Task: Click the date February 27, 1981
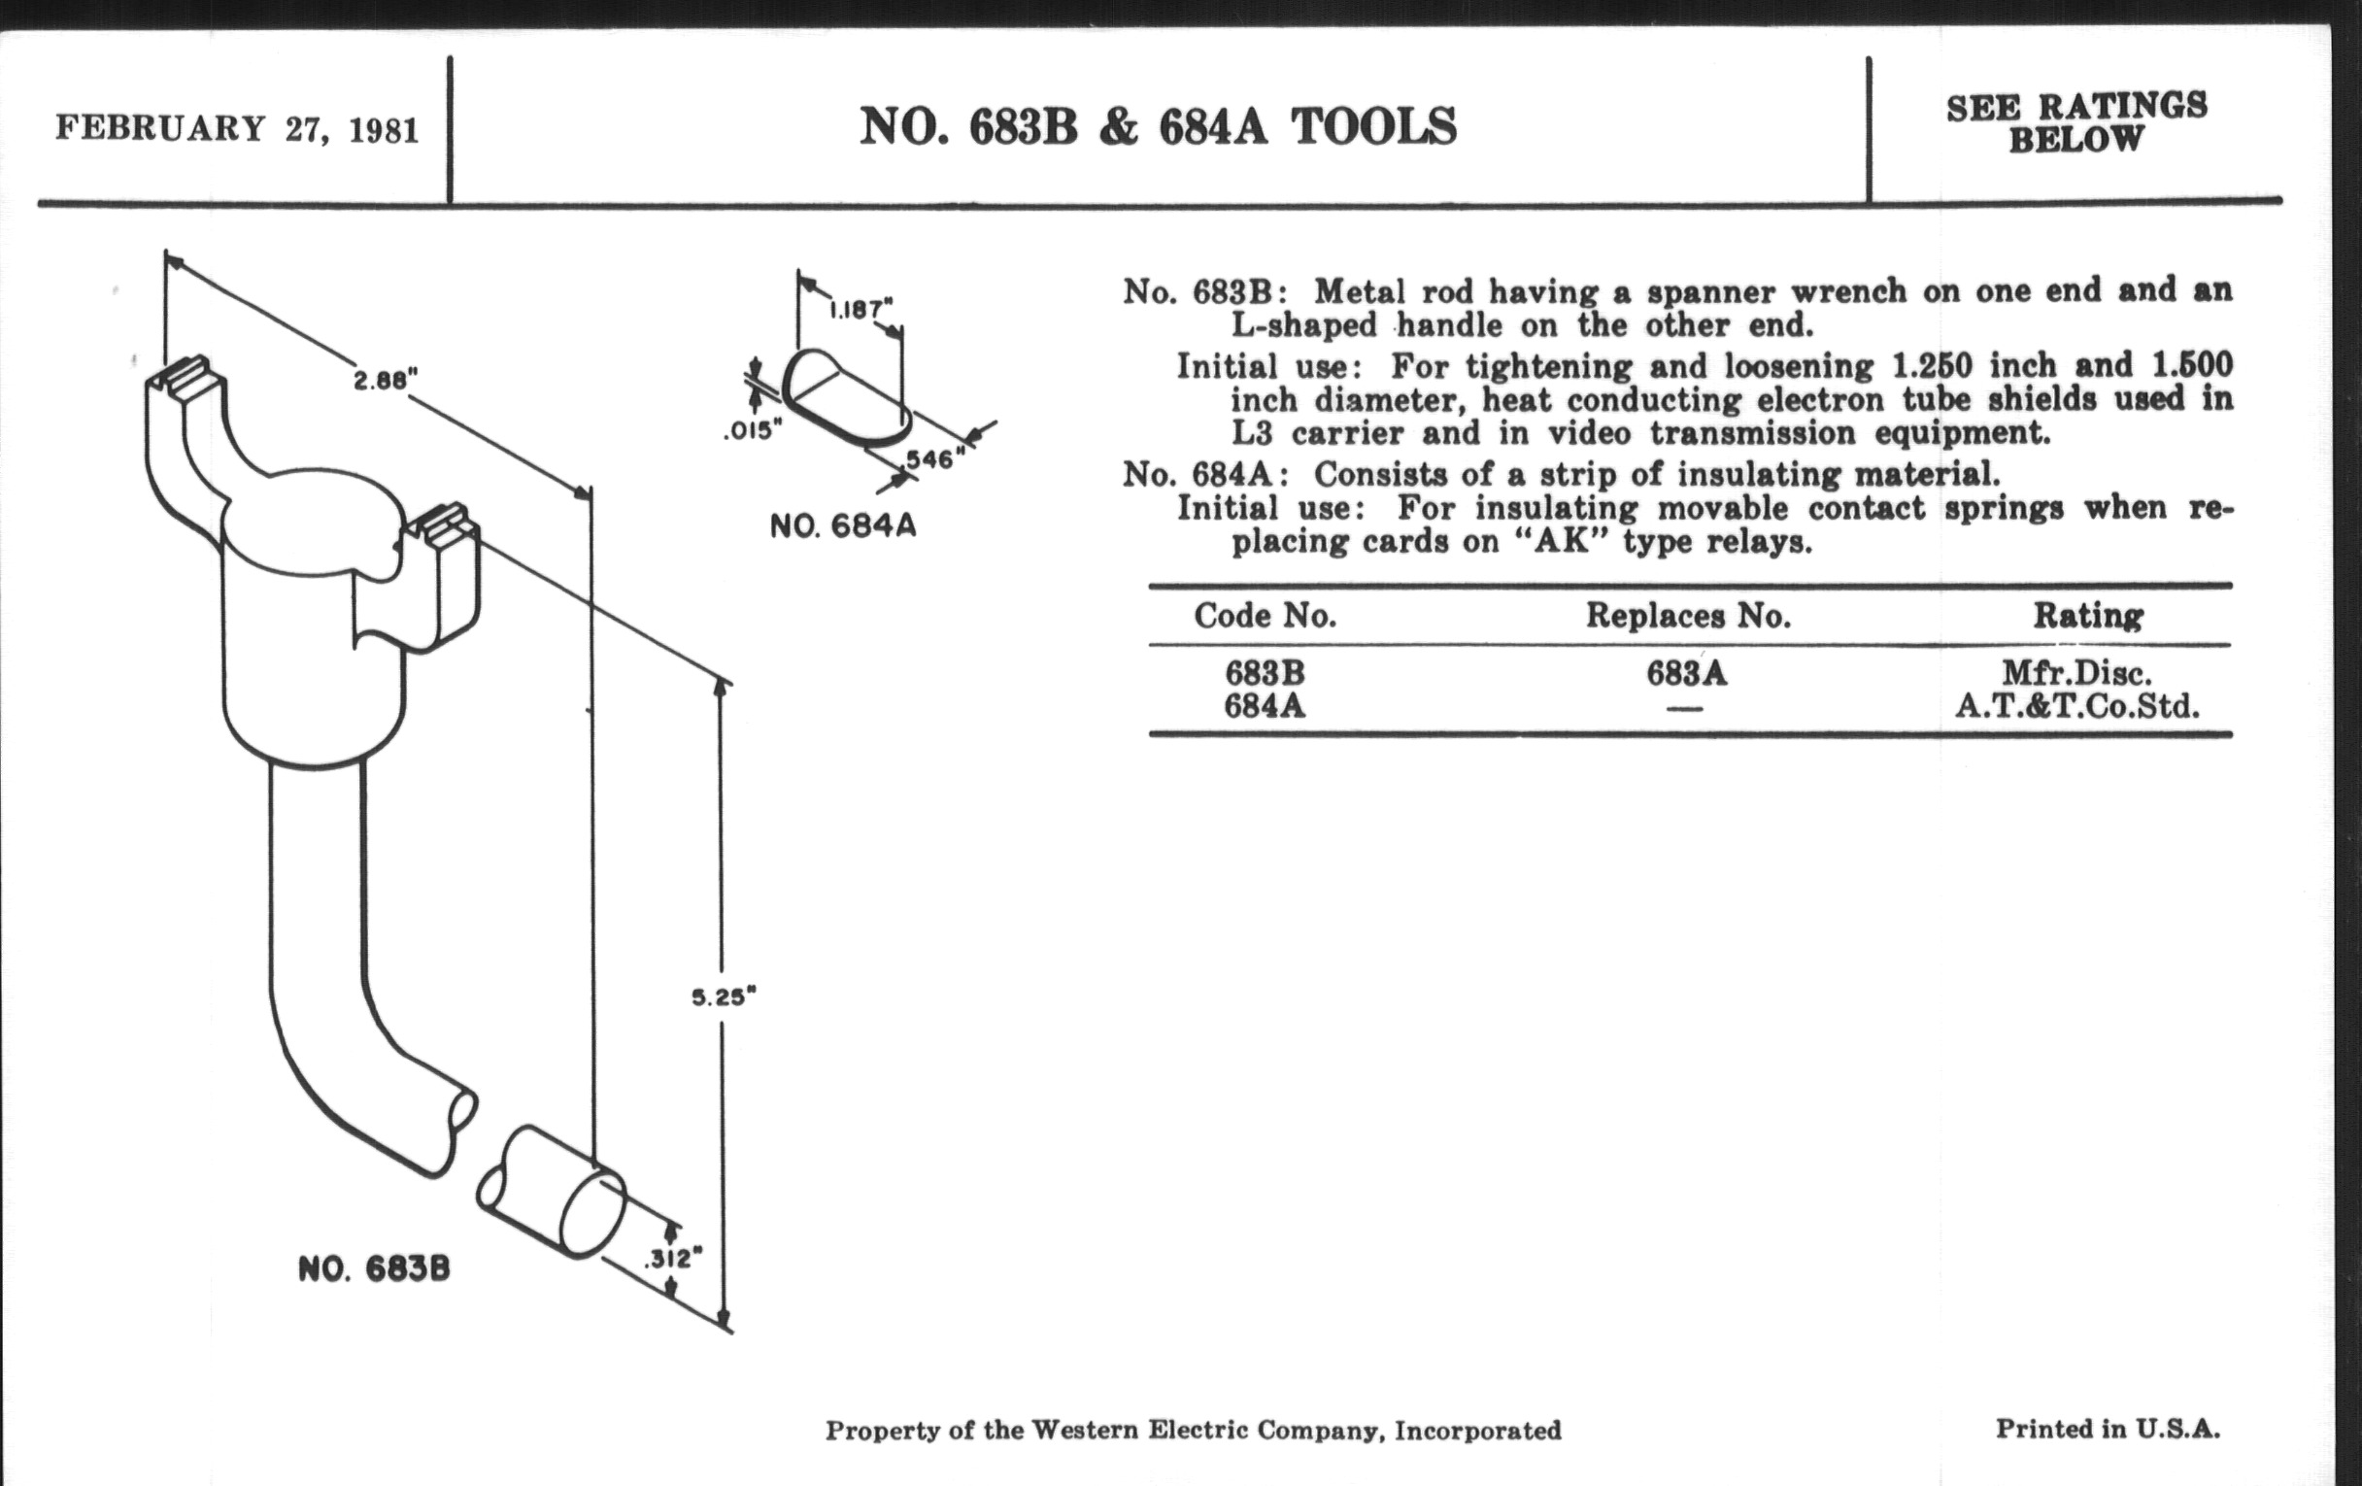(237, 128)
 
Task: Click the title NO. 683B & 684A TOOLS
(1159, 126)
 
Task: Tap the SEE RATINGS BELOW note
(2077, 122)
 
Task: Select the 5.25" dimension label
(724, 996)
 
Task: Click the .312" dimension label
(673, 1258)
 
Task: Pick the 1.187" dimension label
(860, 310)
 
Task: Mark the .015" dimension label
(754, 429)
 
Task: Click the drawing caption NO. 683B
(374, 1269)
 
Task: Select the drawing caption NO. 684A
(843, 525)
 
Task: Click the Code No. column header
(1265, 615)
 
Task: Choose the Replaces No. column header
(1688, 615)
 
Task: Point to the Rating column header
(2087, 615)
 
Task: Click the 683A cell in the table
(1687, 673)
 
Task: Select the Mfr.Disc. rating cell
(2076, 673)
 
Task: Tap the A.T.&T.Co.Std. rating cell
(2076, 705)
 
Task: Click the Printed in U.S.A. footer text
(2107, 1428)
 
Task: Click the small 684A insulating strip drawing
(847, 399)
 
